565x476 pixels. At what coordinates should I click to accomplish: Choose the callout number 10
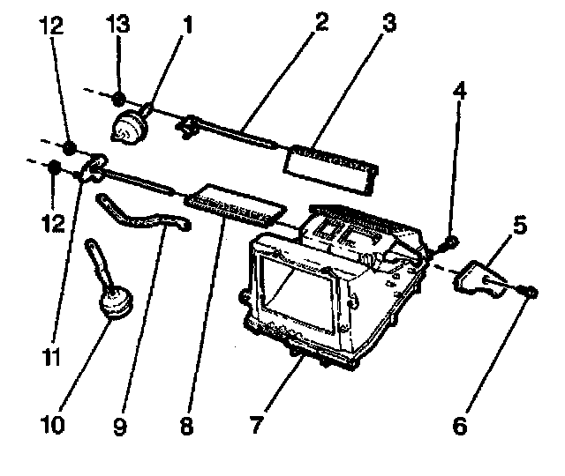click(52, 426)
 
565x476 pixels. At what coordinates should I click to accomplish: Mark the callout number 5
click(519, 227)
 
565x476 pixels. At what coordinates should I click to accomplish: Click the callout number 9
click(121, 426)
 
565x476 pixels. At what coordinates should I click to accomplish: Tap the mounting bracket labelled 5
click(481, 278)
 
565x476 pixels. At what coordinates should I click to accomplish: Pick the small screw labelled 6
click(528, 291)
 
